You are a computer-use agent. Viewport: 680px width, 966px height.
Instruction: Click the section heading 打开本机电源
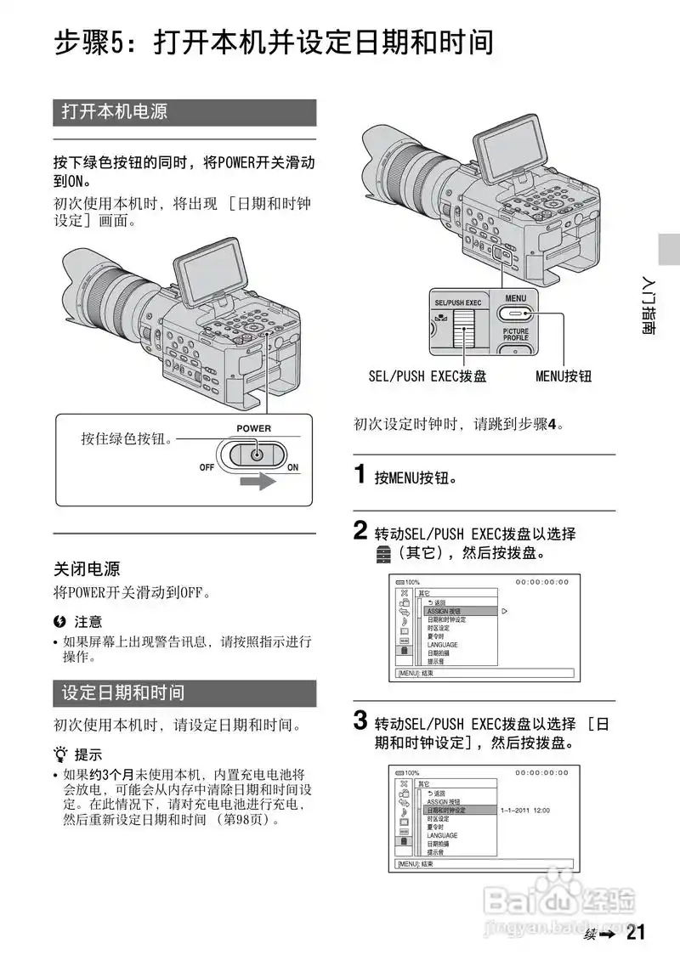pos(115,112)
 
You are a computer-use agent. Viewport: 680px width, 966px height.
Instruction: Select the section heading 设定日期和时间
pos(123,692)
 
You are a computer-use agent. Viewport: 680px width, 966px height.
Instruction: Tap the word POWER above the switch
pos(253,428)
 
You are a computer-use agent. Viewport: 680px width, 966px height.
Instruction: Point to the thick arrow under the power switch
pos(257,483)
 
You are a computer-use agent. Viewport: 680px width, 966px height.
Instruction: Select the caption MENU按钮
pos(563,376)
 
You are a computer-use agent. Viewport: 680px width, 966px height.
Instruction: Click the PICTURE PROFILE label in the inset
pos(515,335)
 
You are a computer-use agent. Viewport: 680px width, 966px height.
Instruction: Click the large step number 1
pos(360,475)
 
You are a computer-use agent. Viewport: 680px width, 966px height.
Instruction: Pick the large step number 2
pos(360,532)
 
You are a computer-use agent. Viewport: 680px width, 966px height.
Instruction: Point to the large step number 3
pos(360,723)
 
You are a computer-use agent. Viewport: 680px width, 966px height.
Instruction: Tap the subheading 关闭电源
pos(87,568)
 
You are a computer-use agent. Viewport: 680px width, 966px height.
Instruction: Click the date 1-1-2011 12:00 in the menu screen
pos(525,811)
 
